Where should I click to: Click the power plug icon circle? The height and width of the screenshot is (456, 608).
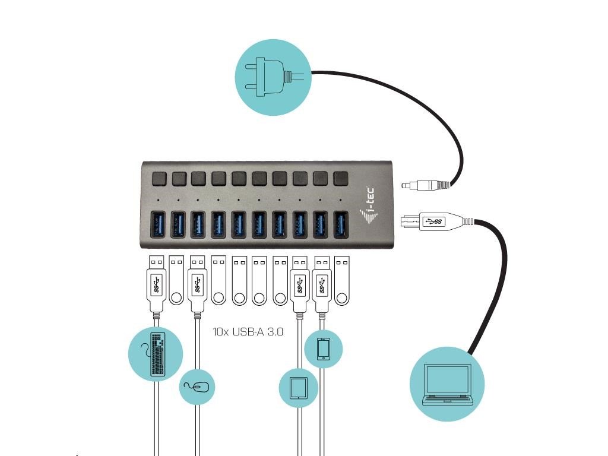273,77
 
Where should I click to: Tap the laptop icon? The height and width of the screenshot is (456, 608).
447,384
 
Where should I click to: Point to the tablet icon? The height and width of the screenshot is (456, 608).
299,388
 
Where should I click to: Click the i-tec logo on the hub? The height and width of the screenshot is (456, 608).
368,207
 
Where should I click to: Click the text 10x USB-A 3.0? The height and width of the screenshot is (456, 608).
248,331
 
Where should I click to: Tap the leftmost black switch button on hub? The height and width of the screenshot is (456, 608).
159,179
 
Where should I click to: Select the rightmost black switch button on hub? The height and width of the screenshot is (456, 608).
340,178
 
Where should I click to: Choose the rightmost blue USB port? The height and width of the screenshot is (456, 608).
341,224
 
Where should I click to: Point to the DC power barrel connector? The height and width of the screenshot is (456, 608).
426,185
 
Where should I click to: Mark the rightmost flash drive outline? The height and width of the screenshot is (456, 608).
341,280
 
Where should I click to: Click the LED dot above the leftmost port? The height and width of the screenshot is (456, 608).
158,200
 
